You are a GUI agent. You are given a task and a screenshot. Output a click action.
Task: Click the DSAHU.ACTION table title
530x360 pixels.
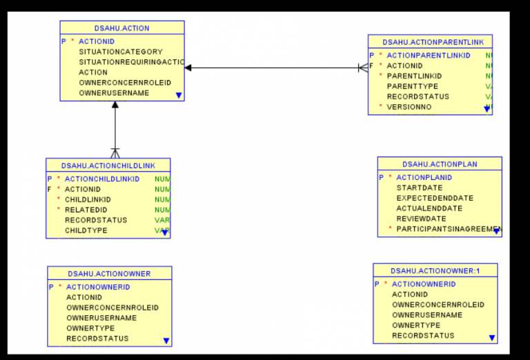(121, 28)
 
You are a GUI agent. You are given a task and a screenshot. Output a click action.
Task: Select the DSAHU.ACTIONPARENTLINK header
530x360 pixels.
(429, 41)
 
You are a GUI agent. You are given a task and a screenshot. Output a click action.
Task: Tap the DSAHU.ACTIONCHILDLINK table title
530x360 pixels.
(108, 166)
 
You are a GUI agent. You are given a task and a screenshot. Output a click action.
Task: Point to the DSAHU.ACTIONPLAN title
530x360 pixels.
(440, 164)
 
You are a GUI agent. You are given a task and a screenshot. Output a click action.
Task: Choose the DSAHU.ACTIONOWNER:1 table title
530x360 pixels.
(435, 270)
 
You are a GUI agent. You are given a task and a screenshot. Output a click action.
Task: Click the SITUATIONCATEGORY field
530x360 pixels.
(120, 52)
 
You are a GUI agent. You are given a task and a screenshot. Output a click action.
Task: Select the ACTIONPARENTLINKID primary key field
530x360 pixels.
(428, 55)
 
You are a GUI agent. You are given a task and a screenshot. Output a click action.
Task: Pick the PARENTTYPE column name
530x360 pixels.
(418, 86)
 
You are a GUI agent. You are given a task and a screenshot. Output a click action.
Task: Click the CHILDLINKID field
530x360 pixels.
(88, 199)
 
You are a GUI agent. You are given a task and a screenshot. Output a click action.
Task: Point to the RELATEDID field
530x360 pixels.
(86, 210)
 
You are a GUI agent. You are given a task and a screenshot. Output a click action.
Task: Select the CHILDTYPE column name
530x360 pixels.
(86, 230)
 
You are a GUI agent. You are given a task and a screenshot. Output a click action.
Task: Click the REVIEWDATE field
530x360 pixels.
(420, 219)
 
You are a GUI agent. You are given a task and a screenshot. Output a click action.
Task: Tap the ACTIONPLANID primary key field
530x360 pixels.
(424, 177)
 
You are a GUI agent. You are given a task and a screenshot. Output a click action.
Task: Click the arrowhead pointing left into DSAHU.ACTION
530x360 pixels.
(188, 68)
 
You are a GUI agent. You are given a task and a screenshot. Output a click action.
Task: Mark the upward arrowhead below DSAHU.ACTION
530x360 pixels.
(115, 106)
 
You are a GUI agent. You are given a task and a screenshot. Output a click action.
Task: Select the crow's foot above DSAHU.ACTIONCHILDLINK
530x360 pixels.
(115, 153)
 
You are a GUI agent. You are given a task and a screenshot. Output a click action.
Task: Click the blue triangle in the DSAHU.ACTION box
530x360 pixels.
(179, 95)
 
